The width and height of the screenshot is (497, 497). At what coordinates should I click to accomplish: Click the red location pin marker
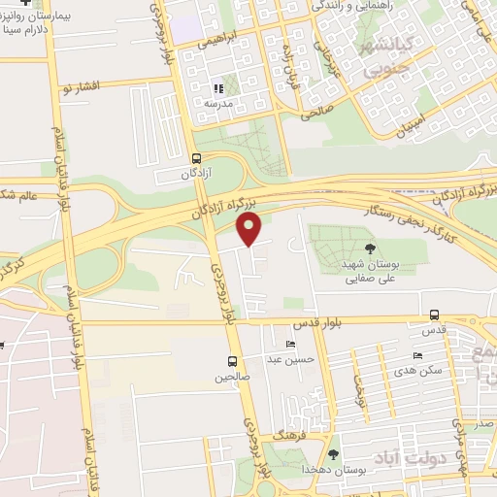tap(249, 231)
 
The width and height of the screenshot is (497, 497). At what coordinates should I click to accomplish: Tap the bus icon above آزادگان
tap(197, 158)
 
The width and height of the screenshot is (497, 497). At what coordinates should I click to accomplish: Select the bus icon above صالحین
tap(232, 361)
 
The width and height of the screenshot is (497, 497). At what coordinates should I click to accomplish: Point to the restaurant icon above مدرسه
tap(218, 89)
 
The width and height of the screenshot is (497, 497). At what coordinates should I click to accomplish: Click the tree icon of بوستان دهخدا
tap(335, 453)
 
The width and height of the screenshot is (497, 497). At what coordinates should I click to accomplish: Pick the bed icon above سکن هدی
tap(418, 355)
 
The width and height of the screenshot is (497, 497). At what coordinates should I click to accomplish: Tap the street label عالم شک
tap(19, 194)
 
